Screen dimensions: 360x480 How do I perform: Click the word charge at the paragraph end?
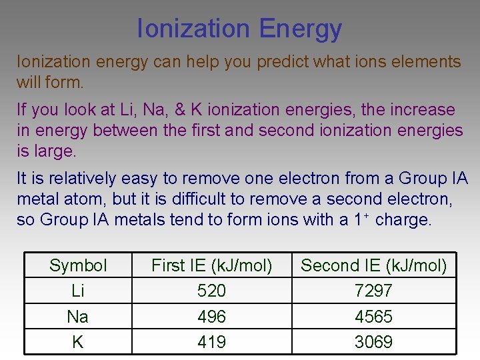pyautogui.click(x=403, y=220)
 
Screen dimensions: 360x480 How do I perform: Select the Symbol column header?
pyautogui.click(x=78, y=265)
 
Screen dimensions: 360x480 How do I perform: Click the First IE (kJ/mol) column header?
pyautogui.click(x=212, y=265)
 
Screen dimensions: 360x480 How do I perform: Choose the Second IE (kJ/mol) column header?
pyautogui.click(x=374, y=265)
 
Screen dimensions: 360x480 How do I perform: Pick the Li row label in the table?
pyautogui.click(x=78, y=291)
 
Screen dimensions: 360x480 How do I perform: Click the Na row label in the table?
pyautogui.click(x=78, y=316)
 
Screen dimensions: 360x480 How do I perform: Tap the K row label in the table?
pyautogui.click(x=78, y=342)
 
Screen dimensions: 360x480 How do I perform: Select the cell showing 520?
pyautogui.click(x=212, y=291)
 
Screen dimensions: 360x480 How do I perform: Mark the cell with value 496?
pyautogui.click(x=212, y=316)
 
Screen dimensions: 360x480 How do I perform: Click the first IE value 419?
pyautogui.click(x=212, y=342)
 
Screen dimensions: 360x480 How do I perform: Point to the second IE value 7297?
pyautogui.click(x=374, y=291)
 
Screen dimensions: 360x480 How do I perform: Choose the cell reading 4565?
pyautogui.click(x=374, y=316)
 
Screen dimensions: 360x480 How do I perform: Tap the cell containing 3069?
pyautogui.click(x=374, y=342)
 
